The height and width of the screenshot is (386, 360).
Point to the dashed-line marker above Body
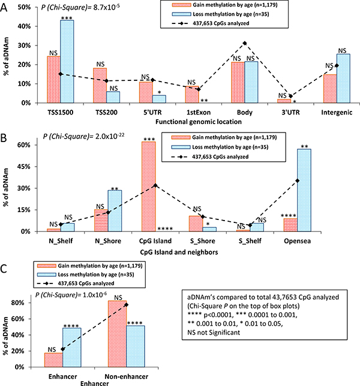pyautogui.click(x=244, y=43)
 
